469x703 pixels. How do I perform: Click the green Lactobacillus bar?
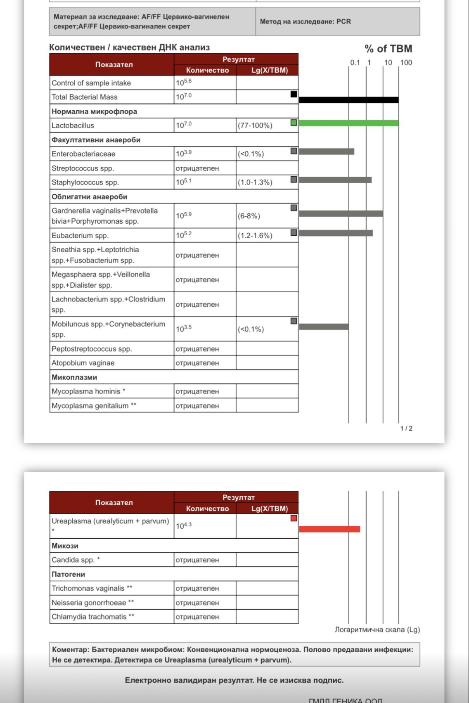(x=348, y=123)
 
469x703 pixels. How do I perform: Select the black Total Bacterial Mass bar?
(x=348, y=100)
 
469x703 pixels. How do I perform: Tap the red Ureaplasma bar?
(x=329, y=529)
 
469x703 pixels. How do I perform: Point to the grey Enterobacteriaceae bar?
(x=326, y=151)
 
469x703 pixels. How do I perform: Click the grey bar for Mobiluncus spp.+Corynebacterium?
(x=324, y=327)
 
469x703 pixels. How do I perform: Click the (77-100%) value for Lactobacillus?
(x=255, y=125)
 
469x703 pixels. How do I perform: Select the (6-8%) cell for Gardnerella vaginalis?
(x=249, y=216)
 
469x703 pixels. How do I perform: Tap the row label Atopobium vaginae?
(x=83, y=363)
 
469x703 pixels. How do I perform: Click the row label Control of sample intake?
(x=91, y=83)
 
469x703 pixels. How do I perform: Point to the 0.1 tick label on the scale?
(x=355, y=63)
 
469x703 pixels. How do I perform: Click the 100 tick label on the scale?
(x=406, y=63)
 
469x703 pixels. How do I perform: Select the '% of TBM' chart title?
(x=388, y=49)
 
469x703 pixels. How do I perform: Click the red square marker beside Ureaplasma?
(x=294, y=518)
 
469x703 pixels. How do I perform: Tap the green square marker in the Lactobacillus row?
(x=294, y=123)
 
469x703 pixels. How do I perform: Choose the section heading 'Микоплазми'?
(x=74, y=377)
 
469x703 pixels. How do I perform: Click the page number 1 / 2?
(x=406, y=428)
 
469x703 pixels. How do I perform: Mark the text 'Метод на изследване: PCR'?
(x=305, y=21)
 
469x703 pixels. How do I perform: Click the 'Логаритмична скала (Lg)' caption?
(x=377, y=630)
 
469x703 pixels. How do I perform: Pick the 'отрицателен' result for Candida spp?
(x=197, y=560)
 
